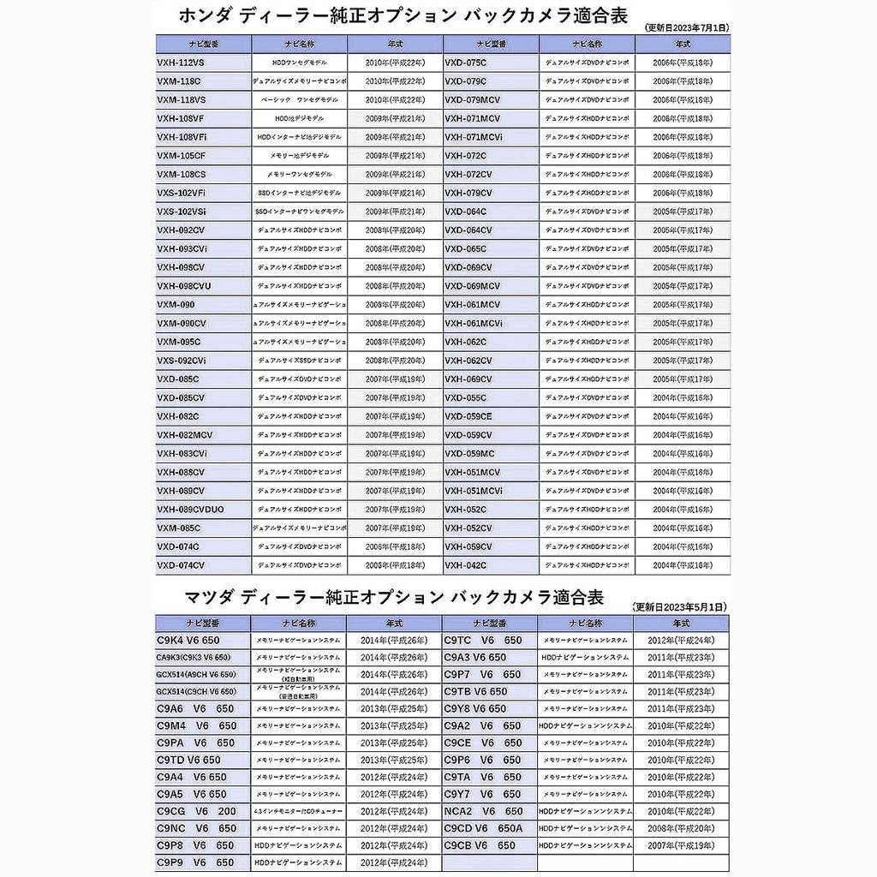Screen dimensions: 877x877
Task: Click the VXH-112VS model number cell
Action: (x=203, y=63)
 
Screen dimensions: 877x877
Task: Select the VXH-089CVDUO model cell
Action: (x=203, y=510)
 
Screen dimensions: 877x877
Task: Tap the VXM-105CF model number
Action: (x=203, y=156)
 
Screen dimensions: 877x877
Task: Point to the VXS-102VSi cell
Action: (x=203, y=212)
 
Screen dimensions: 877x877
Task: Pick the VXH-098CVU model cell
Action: (x=203, y=286)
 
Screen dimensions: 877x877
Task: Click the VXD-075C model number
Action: (x=491, y=63)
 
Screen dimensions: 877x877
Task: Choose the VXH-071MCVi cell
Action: (x=491, y=137)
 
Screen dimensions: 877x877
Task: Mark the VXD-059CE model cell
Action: (x=491, y=416)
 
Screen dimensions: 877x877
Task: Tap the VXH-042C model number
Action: (x=491, y=565)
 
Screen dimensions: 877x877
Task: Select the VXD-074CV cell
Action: (x=203, y=565)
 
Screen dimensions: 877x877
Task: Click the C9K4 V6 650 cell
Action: (x=203, y=641)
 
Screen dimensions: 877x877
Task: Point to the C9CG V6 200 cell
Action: (x=203, y=811)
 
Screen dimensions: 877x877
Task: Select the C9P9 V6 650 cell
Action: (x=203, y=862)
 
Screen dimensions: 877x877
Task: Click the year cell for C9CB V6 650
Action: (x=681, y=845)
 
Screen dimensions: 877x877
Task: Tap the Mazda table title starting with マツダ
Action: (x=394, y=597)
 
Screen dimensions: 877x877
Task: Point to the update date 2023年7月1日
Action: (x=685, y=28)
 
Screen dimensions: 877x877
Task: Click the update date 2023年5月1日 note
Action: (x=680, y=606)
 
